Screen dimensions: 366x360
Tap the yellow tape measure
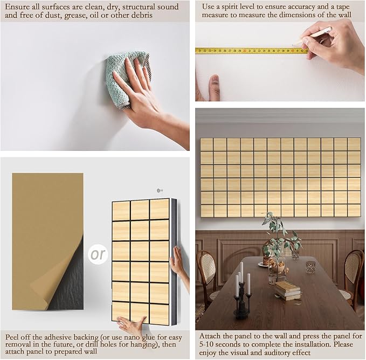pyautogui.click(x=252, y=51)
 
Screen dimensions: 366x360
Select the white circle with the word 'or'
pyautogui.click(x=98, y=254)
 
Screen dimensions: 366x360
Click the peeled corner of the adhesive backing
pyautogui.click(x=58, y=280)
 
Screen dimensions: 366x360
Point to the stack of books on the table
pyautogui.click(x=287, y=290)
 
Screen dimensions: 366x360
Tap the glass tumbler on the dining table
pyautogui.click(x=310, y=267)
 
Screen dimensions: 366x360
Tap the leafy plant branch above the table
pyautogui.click(x=279, y=236)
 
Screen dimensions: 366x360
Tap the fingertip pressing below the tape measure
pyautogui.click(x=215, y=80)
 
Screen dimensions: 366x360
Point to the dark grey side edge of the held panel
pyautogui.click(x=174, y=261)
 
